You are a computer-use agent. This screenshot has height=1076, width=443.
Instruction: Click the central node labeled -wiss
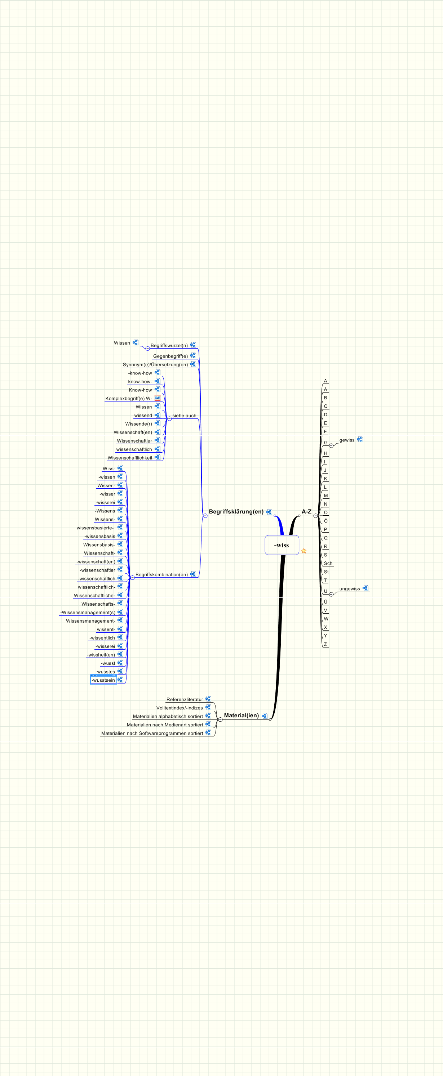tap(282, 545)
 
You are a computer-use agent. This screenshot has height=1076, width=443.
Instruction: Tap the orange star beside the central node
tap(304, 551)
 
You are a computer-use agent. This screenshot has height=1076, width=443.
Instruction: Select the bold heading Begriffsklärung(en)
tap(236, 512)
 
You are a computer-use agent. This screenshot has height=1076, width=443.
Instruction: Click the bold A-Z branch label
tap(306, 512)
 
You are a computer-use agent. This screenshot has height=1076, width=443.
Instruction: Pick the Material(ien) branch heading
tap(241, 716)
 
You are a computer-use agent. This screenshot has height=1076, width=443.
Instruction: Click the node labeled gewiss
tap(347, 440)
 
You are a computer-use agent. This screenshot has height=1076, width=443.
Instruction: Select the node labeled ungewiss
tap(349, 589)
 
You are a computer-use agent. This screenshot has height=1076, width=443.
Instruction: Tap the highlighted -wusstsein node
tap(103, 681)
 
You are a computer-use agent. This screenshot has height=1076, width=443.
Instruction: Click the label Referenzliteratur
tap(185, 700)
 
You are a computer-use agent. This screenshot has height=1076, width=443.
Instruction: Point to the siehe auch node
tap(184, 416)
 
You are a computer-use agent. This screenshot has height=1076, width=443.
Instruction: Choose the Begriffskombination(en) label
tap(161, 575)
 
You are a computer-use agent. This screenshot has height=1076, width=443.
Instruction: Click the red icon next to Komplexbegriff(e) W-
tap(158, 398)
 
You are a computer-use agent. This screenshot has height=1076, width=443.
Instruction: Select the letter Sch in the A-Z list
tap(328, 564)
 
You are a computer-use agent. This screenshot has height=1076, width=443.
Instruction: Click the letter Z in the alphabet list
tap(325, 645)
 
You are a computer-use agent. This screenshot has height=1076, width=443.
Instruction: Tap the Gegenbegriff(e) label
tap(170, 356)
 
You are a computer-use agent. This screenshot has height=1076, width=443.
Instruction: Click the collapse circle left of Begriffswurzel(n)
tap(147, 348)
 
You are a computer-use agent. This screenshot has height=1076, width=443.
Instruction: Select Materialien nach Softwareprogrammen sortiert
tap(152, 734)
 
